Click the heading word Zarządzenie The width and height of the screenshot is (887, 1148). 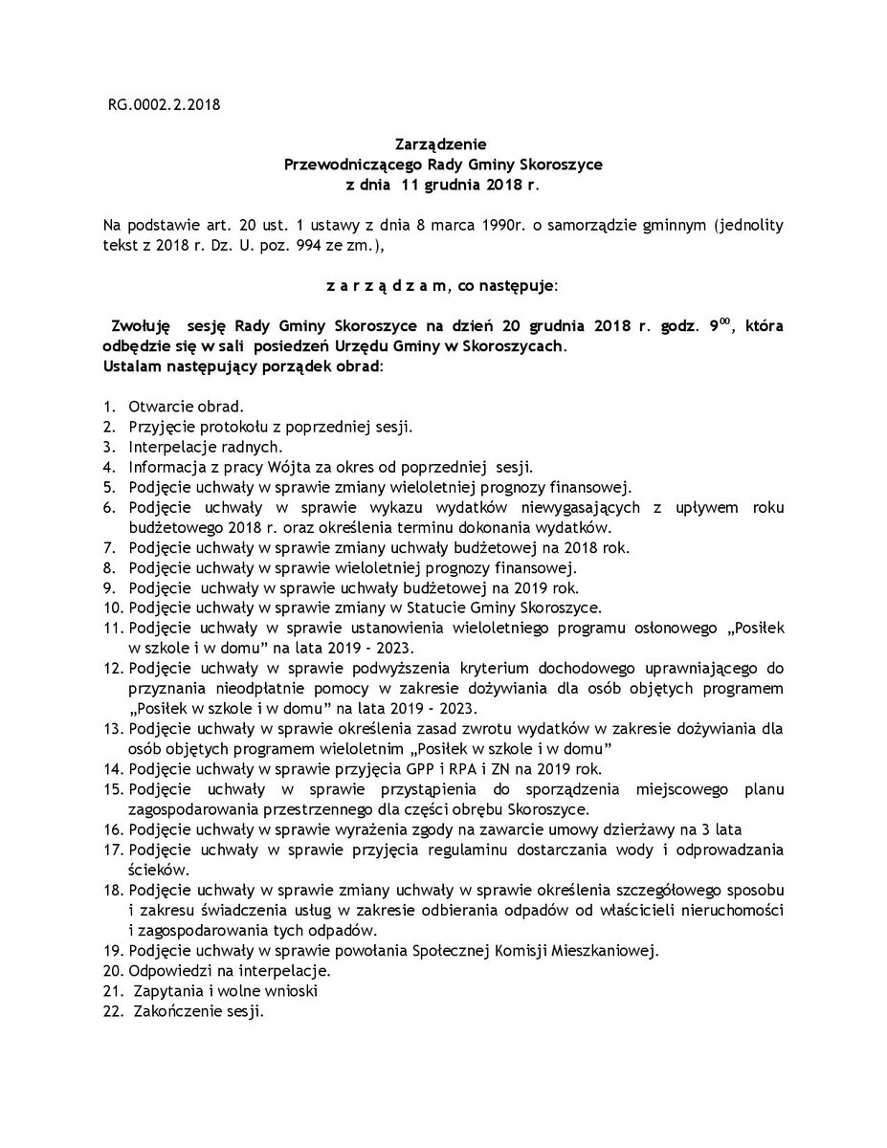[x=443, y=145]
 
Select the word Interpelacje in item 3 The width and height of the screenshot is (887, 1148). [x=169, y=446]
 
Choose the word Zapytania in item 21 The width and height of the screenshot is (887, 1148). [x=169, y=990]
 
